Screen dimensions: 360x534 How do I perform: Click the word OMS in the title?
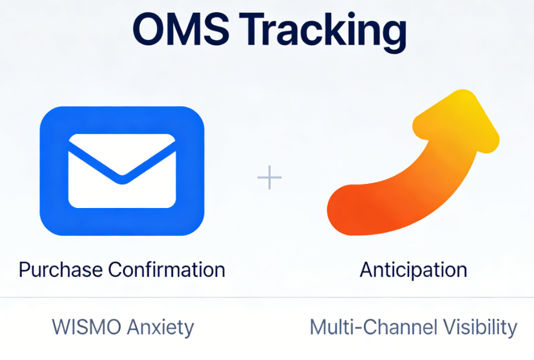(181, 29)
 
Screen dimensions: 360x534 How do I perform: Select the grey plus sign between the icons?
(270, 178)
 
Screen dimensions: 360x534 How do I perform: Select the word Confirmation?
(167, 269)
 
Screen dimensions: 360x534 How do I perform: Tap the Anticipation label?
(413, 269)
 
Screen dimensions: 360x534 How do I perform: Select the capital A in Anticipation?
(366, 269)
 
